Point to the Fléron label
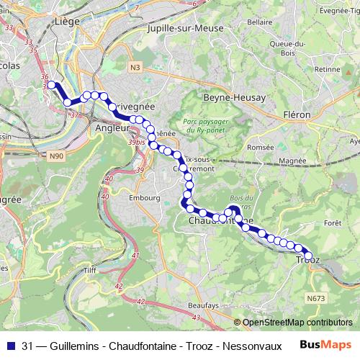click(297, 114)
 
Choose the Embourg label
click(143, 197)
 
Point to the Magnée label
click(292, 161)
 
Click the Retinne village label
click(328, 69)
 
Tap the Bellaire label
click(259, 22)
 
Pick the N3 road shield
click(135, 67)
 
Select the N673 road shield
click(315, 297)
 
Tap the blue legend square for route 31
click(10, 345)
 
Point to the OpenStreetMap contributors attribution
click(297, 323)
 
